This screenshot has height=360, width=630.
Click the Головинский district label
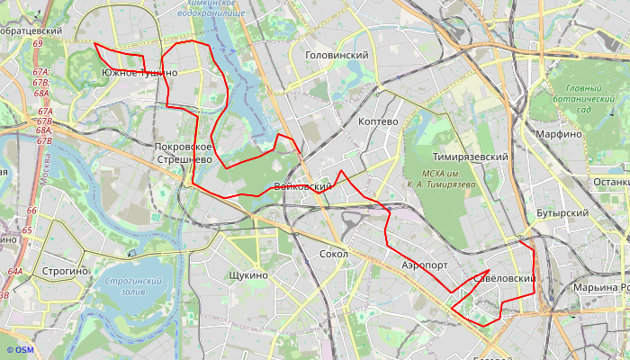[337, 55]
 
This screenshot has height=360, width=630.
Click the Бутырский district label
[562, 213]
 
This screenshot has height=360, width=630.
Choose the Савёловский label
[504, 279]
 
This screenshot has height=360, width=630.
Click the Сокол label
[334, 255]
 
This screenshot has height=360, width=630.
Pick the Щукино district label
[248, 274]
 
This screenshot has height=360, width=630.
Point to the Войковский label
[302, 186]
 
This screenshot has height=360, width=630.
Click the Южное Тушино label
[139, 72]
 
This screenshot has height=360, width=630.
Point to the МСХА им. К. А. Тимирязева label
[441, 178]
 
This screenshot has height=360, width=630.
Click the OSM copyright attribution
[19, 350]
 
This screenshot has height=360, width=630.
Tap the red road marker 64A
[15, 271]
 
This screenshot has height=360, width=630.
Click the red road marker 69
[37, 43]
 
